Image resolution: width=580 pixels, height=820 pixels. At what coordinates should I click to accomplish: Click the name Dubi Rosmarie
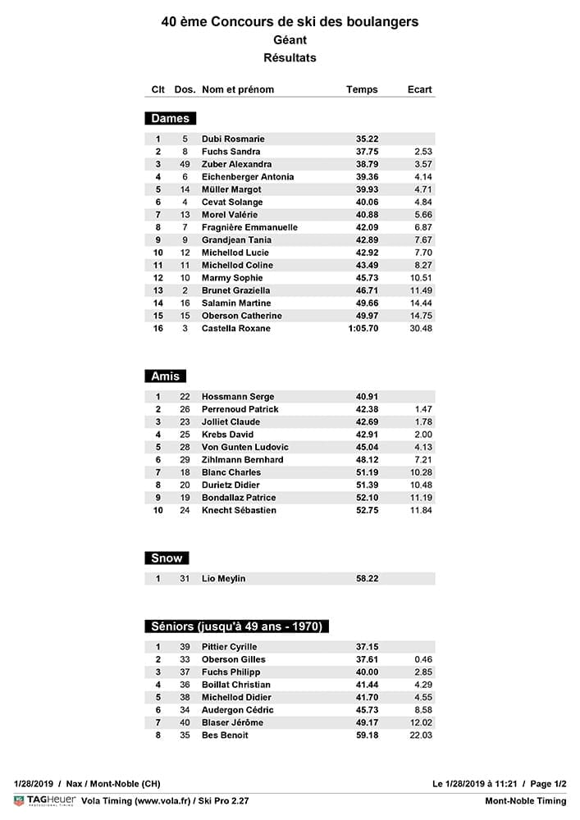[x=233, y=139]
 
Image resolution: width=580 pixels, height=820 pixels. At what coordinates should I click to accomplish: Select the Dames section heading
[x=170, y=119]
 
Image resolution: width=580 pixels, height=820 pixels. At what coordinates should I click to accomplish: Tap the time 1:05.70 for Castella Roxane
[x=362, y=329]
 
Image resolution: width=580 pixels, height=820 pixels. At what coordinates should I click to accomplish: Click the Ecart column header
[x=419, y=89]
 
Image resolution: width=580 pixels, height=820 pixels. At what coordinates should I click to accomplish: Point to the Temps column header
[x=362, y=89]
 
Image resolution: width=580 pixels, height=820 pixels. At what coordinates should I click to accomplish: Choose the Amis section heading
[x=166, y=376]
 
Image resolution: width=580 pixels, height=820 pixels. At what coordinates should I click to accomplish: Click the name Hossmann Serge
[x=238, y=397]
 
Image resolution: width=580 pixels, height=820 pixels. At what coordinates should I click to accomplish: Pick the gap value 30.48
[x=421, y=329]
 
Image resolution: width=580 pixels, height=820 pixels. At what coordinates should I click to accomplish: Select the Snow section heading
[x=167, y=558]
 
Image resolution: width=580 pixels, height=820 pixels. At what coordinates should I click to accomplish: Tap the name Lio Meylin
[x=223, y=579]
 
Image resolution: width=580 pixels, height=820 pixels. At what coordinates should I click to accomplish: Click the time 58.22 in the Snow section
[x=367, y=579]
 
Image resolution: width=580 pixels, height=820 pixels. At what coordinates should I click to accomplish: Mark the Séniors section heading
[x=238, y=626]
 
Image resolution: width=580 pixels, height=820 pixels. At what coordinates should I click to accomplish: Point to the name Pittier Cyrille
[x=230, y=647]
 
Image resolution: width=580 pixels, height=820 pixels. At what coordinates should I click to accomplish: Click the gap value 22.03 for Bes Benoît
[x=421, y=736]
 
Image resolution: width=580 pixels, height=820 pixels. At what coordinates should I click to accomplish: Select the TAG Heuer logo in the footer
[x=45, y=801]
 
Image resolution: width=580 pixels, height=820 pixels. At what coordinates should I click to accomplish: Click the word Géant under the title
[x=290, y=39]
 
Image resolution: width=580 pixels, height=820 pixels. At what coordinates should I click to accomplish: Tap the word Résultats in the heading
[x=290, y=57]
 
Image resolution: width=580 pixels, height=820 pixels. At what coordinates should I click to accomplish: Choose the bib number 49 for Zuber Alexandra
[x=185, y=165]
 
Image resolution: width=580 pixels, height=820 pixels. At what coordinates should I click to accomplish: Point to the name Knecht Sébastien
[x=239, y=511]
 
